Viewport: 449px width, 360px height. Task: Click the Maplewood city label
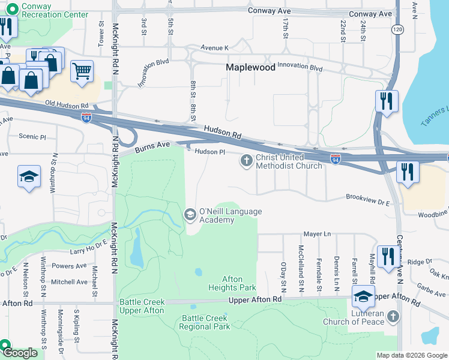tap(250, 68)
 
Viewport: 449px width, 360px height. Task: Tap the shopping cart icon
tap(82, 71)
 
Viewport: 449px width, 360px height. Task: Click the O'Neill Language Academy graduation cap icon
tap(190, 214)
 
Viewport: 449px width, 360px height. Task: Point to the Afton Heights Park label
tap(239, 283)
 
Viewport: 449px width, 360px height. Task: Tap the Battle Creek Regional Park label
tap(206, 322)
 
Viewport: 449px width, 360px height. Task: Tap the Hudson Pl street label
tap(209, 152)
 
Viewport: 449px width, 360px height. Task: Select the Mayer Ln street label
tap(317, 234)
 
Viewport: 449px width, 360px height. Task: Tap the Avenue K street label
tap(215, 47)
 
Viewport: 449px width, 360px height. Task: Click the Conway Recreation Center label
tap(46, 10)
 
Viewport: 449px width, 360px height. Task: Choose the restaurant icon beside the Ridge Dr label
tap(387, 256)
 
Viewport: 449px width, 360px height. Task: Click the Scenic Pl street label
tap(32, 136)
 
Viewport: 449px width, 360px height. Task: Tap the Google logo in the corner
tap(20, 353)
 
